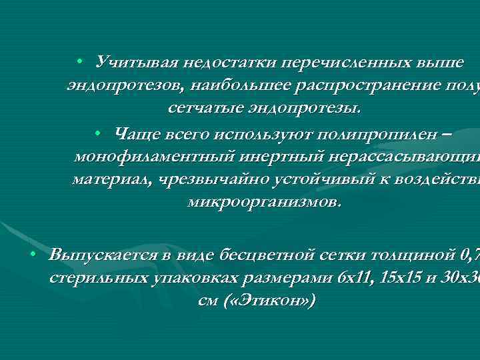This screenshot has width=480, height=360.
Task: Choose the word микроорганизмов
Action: click(264, 200)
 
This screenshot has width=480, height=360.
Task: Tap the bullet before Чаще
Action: click(98, 134)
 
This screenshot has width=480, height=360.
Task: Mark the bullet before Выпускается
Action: click(32, 255)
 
